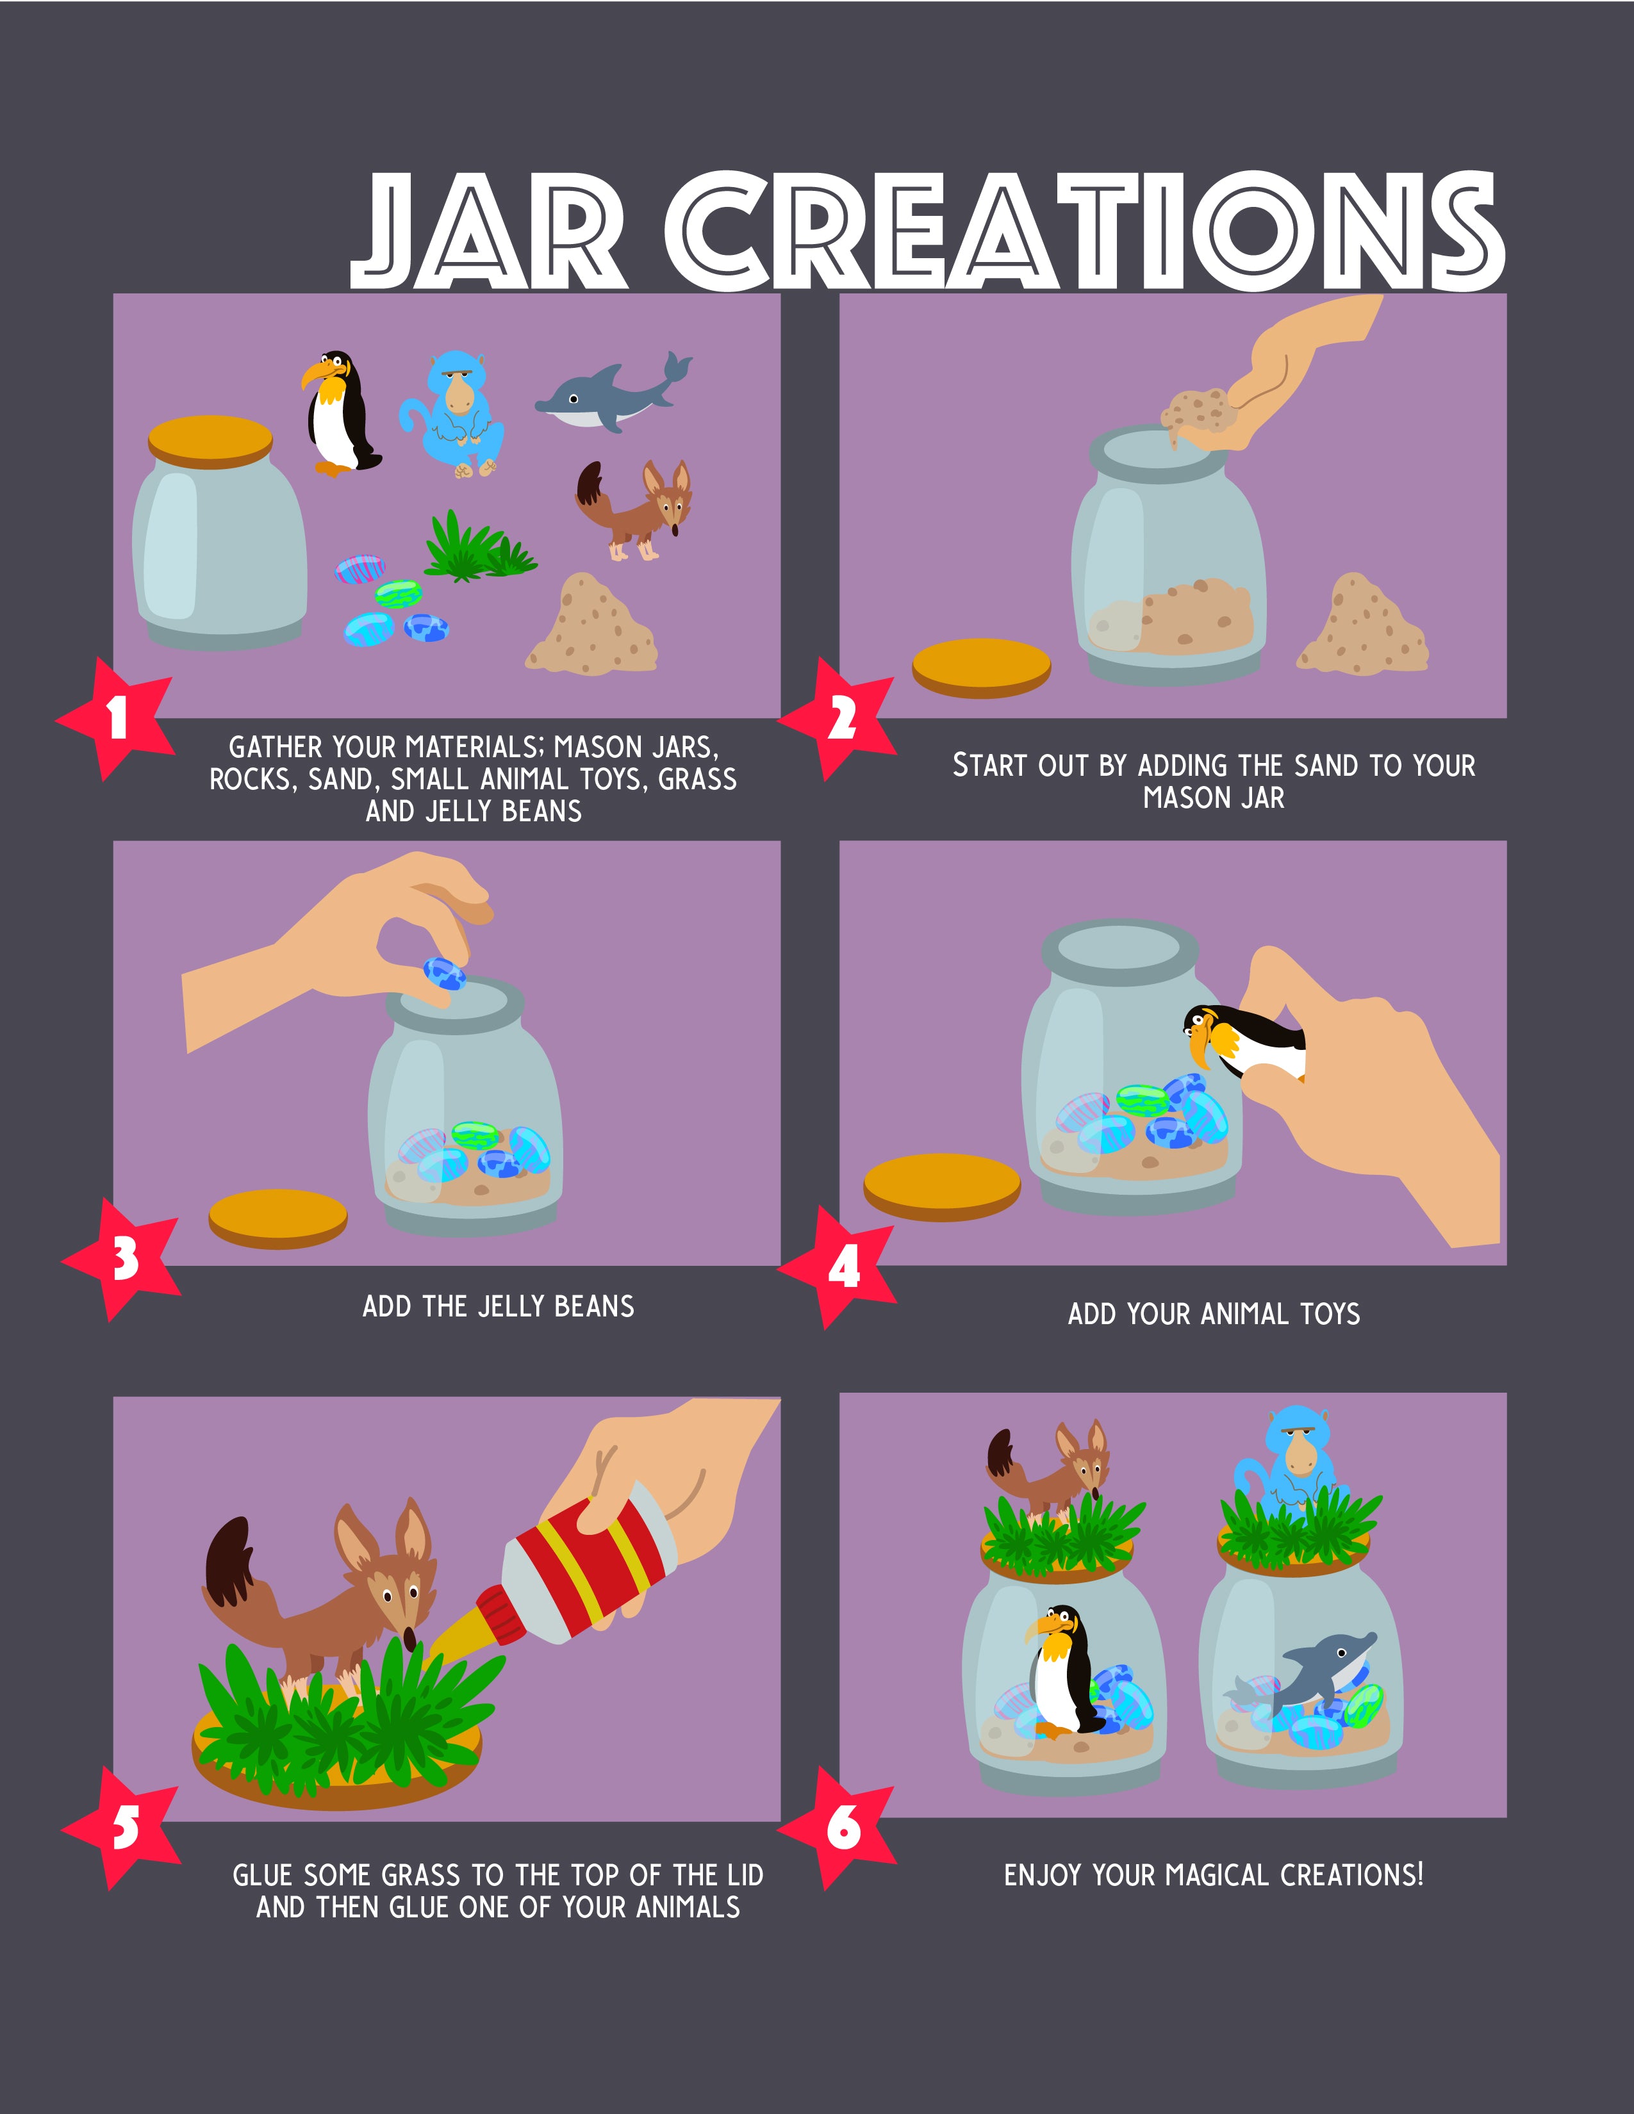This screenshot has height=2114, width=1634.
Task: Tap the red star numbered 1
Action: (116, 718)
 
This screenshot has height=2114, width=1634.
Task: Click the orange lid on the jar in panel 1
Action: (210, 441)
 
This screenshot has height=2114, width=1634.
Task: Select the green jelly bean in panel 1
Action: (399, 593)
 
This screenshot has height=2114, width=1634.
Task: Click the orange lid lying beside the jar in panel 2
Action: (982, 669)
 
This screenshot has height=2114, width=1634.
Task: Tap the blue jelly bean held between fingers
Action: (444, 974)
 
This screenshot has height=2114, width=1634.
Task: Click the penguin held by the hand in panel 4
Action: (1244, 1042)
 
